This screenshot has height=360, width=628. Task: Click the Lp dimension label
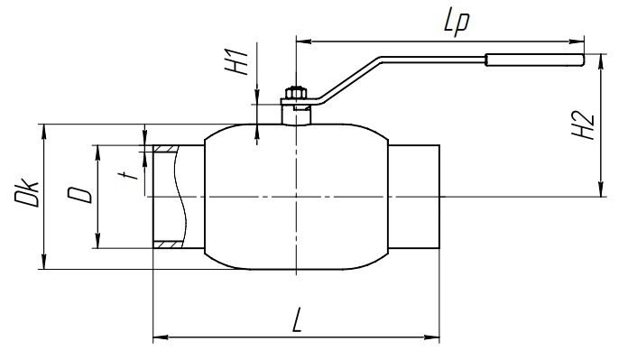coord(457,22)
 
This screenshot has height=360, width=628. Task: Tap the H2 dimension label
coord(583,125)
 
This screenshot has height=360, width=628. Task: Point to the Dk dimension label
coord(26,192)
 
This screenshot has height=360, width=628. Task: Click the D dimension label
coord(79,195)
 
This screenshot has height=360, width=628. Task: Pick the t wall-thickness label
coord(127,175)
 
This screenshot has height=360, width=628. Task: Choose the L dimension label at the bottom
coord(296,320)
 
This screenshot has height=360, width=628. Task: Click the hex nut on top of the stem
coord(295,93)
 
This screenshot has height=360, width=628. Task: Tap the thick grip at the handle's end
coord(535,60)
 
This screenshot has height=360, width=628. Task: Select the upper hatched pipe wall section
coord(164,149)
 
